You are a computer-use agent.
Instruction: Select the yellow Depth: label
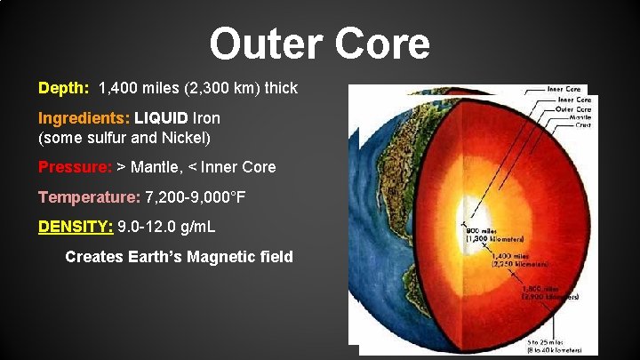[x=63, y=89]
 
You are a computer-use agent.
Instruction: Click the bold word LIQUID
[x=161, y=117]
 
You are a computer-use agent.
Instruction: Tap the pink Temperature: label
[x=89, y=196]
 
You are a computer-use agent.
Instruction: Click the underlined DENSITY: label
[x=76, y=227]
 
